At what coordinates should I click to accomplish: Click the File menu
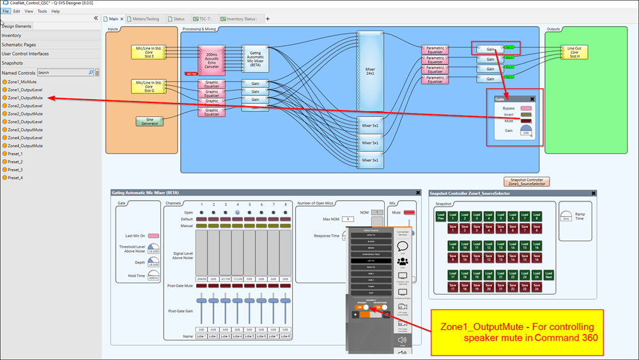(6, 11)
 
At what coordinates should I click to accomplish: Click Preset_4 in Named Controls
(15, 178)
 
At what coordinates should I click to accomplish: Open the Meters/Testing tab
(145, 19)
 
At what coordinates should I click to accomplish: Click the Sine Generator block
(149, 121)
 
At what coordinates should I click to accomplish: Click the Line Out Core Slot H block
(574, 52)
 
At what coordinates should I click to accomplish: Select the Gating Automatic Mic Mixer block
(255, 59)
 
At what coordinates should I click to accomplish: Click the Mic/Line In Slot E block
(149, 52)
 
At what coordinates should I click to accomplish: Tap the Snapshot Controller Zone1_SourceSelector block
(527, 182)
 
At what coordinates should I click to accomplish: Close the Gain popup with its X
(532, 99)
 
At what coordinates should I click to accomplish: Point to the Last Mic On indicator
(153, 236)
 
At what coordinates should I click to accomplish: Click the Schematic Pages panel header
(19, 45)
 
